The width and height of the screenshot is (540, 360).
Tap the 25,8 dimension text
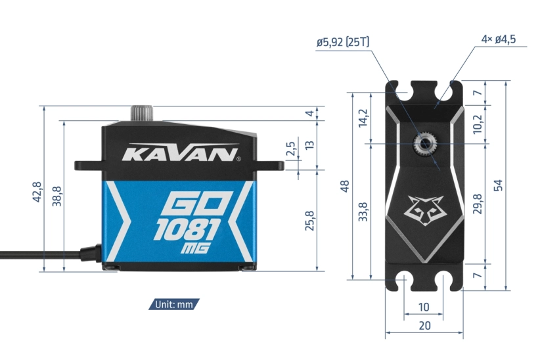pyautogui.click(x=310, y=221)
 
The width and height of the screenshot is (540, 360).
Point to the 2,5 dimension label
pyautogui.click(x=290, y=150)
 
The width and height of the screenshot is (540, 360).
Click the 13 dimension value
pyautogui.click(x=309, y=145)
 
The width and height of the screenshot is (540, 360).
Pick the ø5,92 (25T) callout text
pyautogui.click(x=343, y=42)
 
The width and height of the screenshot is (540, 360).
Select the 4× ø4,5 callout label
pyautogui.click(x=498, y=39)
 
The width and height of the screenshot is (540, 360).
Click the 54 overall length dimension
pyautogui.click(x=499, y=185)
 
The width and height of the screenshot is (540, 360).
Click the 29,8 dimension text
pyautogui.click(x=478, y=203)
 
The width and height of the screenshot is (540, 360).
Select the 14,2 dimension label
pyautogui.click(x=363, y=118)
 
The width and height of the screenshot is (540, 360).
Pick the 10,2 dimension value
pyautogui.click(x=478, y=123)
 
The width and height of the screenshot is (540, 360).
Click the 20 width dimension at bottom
pyautogui.click(x=424, y=325)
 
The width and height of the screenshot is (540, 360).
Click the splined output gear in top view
pyautogui.click(x=424, y=142)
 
